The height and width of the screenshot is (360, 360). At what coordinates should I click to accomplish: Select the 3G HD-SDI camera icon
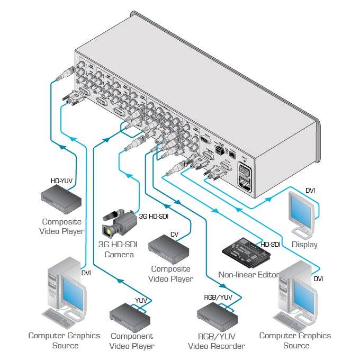120,222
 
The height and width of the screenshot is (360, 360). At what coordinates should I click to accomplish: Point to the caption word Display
304,245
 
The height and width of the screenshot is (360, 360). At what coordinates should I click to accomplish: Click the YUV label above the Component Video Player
141,301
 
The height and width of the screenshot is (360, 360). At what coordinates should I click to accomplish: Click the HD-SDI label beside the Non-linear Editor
270,245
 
